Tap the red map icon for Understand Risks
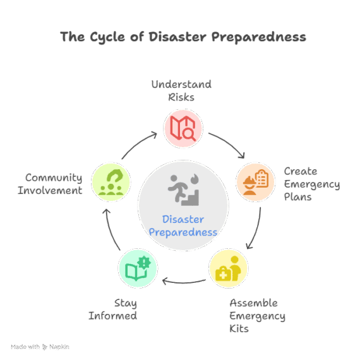pyautogui.click(x=183, y=128)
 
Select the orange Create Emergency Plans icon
pyautogui.click(x=256, y=182)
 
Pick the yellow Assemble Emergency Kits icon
pyautogui.click(x=228, y=268)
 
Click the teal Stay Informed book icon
pyautogui.click(x=138, y=268)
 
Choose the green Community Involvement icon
pyautogui.click(x=111, y=183)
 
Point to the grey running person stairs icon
pyautogui.click(x=183, y=189)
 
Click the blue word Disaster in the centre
pyautogui.click(x=183, y=220)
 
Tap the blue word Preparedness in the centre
pyautogui.click(x=183, y=232)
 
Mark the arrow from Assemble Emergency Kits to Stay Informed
pyautogui.click(x=184, y=282)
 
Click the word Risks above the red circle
pyautogui.click(x=181, y=97)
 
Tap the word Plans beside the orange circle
pyautogui.click(x=297, y=197)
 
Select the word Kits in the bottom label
pyautogui.click(x=239, y=329)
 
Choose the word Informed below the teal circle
pyautogui.click(x=112, y=316)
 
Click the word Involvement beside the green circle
pyautogui.click(x=50, y=190)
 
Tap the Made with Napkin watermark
pyautogui.click(x=40, y=347)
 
